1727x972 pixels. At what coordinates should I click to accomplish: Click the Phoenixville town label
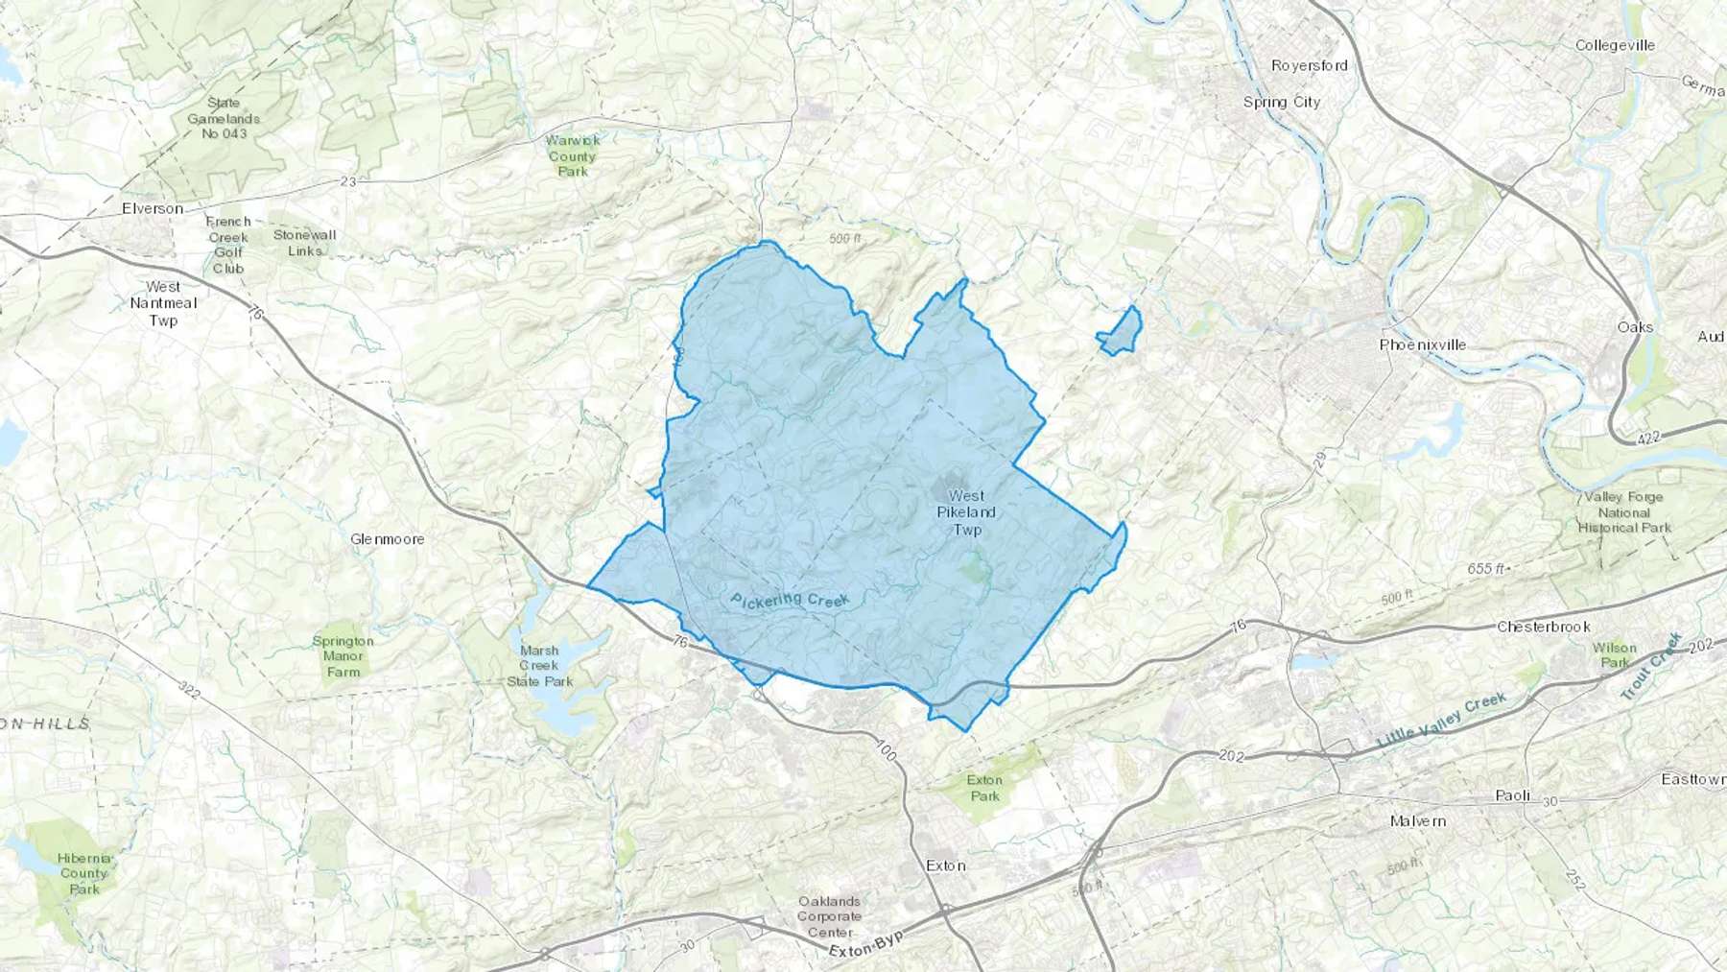click(x=1422, y=344)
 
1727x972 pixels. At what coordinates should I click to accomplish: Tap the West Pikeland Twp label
click(x=966, y=512)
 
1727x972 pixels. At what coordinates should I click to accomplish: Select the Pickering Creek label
click(x=790, y=601)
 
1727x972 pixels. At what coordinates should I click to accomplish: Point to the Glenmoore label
click(x=387, y=539)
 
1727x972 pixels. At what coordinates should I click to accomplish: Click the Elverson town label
click(x=153, y=208)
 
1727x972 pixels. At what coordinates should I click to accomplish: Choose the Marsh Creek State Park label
click(x=539, y=666)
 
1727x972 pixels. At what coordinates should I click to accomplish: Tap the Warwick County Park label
click(x=572, y=155)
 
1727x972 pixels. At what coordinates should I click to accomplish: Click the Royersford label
click(x=1309, y=65)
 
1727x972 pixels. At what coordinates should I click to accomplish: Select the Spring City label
click(x=1281, y=102)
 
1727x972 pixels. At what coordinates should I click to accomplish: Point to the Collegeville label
click(x=1615, y=45)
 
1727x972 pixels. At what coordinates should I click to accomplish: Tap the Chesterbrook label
click(x=1544, y=627)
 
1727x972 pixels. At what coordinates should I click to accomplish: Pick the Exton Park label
click(x=984, y=788)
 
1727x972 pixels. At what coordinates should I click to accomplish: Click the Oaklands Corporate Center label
click(x=829, y=916)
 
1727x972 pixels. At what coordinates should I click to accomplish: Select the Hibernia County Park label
click(x=84, y=873)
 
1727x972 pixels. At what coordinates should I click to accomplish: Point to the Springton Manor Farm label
click(x=343, y=656)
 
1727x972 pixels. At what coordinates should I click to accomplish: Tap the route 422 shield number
click(x=1648, y=438)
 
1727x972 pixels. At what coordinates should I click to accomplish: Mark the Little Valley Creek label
click(x=1441, y=721)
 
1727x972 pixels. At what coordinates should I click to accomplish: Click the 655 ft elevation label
click(x=1485, y=569)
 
